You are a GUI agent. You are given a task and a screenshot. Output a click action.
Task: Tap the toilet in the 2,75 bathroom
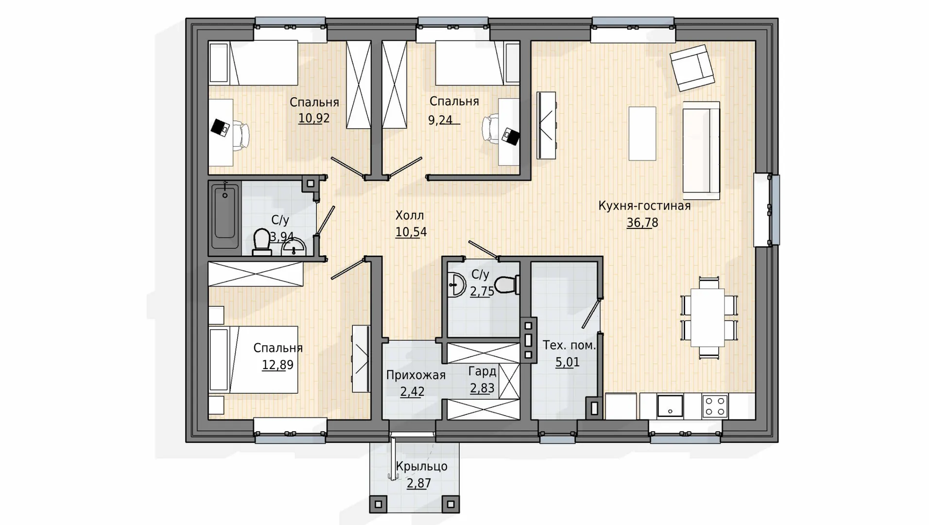(507, 285)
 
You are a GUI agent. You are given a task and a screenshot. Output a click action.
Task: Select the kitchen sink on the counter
(670, 406)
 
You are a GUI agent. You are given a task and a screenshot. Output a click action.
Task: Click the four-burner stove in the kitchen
(715, 406)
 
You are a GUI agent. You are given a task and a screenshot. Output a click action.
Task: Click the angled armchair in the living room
(692, 68)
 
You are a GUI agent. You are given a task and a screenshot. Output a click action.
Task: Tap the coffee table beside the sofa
(642, 134)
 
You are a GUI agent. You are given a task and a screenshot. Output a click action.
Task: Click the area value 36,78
(642, 223)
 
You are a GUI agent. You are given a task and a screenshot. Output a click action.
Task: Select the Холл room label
(410, 215)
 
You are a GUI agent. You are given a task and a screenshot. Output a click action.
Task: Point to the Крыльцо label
(421, 467)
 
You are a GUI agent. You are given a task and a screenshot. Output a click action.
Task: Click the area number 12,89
(277, 365)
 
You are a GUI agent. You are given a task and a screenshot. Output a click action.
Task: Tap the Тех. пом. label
(569, 346)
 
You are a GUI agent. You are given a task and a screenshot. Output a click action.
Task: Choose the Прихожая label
(415, 375)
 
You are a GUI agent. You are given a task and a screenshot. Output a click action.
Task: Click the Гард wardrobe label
(482, 371)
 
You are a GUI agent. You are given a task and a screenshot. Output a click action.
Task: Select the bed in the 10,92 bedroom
(253, 63)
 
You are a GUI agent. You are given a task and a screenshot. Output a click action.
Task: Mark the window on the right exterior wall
(767, 210)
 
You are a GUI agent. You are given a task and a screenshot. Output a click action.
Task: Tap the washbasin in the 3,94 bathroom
(294, 247)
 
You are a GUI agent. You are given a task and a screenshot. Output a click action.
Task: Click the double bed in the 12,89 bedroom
(253, 360)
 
